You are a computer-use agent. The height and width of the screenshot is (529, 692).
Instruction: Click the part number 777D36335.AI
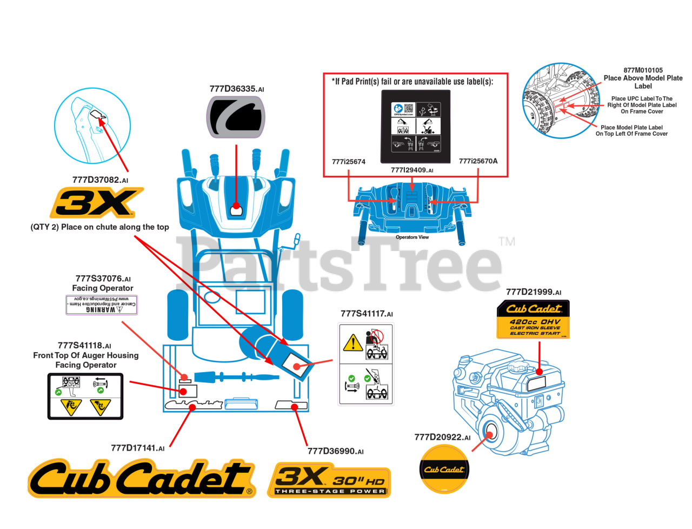click(237, 89)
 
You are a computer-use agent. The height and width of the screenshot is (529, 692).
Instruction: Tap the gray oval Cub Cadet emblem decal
click(236, 117)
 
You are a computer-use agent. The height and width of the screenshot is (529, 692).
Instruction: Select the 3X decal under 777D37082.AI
click(97, 203)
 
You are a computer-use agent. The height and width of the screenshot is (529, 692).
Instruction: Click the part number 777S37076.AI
click(103, 279)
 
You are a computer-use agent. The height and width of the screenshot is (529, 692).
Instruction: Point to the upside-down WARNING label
click(102, 305)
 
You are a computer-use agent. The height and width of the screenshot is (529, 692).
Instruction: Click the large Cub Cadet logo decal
click(141, 479)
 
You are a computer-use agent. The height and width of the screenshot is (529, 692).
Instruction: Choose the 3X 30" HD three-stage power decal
click(329, 480)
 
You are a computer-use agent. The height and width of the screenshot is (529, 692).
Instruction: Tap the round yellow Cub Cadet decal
click(444, 470)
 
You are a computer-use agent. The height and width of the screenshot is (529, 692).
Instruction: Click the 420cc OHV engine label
click(533, 320)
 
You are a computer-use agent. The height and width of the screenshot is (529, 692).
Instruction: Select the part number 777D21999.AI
click(533, 292)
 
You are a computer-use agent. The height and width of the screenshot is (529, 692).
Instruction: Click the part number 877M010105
click(643, 70)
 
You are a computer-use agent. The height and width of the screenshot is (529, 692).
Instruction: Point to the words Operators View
click(412, 237)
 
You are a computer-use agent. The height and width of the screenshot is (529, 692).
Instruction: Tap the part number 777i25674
click(349, 161)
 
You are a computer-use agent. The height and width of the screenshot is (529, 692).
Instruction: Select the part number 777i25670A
click(478, 161)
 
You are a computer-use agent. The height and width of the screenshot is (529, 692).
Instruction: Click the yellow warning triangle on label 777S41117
click(353, 343)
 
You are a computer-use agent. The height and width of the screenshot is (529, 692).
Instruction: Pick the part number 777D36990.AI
click(335, 451)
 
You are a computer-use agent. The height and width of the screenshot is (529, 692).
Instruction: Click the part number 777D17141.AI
click(138, 448)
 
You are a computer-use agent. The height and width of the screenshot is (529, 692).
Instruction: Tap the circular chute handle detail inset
click(92, 125)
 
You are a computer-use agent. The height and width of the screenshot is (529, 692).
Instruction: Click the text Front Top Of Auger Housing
click(86, 355)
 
